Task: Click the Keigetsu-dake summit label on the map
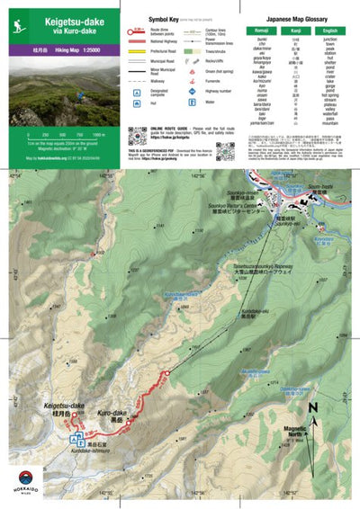[x=62, y=409]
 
